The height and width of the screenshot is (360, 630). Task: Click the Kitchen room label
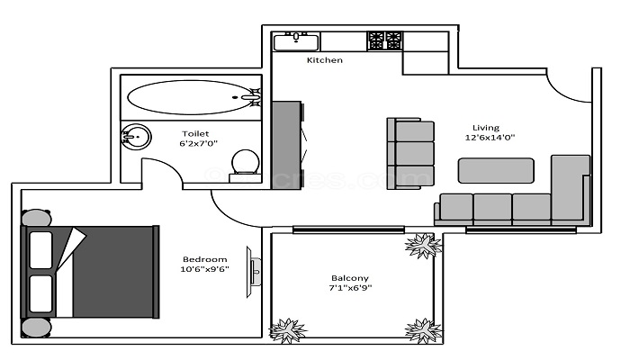coord(325,60)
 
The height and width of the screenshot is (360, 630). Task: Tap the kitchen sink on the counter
coord(296,40)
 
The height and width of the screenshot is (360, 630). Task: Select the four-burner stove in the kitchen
coord(384,40)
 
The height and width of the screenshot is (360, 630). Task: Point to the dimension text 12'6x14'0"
coord(489,139)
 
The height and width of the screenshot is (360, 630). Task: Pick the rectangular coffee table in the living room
coord(496,170)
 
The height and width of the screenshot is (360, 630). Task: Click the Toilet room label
coord(195,133)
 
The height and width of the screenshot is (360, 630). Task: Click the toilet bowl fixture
coord(245,162)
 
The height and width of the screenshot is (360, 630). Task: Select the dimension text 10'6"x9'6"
coord(205,268)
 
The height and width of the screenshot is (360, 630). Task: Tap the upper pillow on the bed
coord(40,249)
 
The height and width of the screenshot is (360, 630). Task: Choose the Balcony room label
coord(349,278)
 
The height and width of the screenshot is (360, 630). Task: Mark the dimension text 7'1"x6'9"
coord(349,289)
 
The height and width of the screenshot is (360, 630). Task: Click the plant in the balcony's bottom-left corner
coord(287,328)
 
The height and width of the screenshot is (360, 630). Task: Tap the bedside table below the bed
coord(37,327)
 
